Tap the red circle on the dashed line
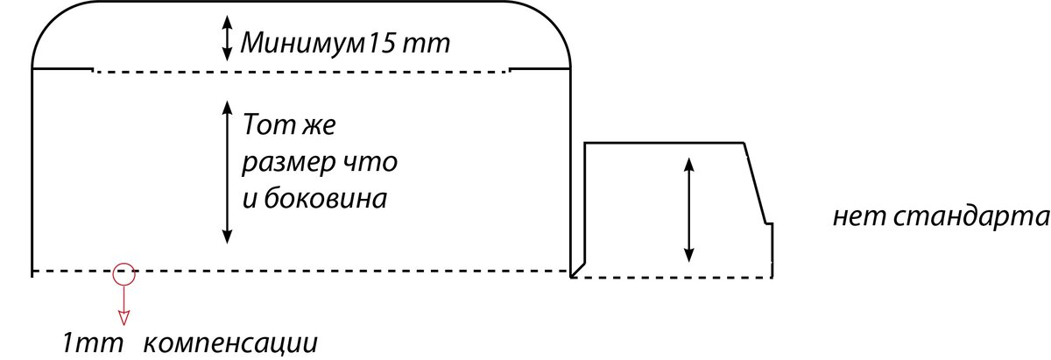pos(123,273)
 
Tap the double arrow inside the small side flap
pos(689,209)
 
